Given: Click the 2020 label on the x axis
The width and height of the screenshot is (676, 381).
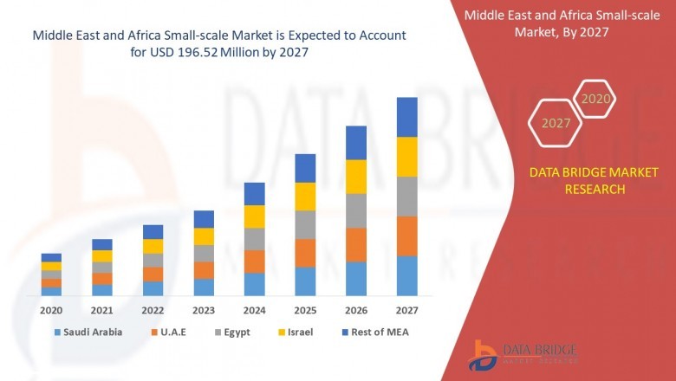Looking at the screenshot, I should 51,310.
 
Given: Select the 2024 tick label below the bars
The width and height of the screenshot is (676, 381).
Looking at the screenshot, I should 254,310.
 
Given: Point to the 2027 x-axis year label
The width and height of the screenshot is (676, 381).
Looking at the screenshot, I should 406,310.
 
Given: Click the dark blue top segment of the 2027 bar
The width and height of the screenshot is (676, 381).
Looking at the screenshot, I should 406,117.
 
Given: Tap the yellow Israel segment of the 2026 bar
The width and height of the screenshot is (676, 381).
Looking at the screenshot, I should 356,177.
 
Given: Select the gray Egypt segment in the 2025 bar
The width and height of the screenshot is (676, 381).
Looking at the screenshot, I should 305,224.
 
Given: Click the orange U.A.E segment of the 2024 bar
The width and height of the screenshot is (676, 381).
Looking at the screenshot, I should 254,262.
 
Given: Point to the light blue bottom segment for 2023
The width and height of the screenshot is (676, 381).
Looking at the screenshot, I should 204,287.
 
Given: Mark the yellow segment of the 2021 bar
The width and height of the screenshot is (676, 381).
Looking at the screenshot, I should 102,255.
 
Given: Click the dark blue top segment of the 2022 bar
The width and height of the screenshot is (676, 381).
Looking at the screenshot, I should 153,231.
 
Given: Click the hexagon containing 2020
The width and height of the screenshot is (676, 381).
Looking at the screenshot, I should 595,100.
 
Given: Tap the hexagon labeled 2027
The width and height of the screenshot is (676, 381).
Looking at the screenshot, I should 556,123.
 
